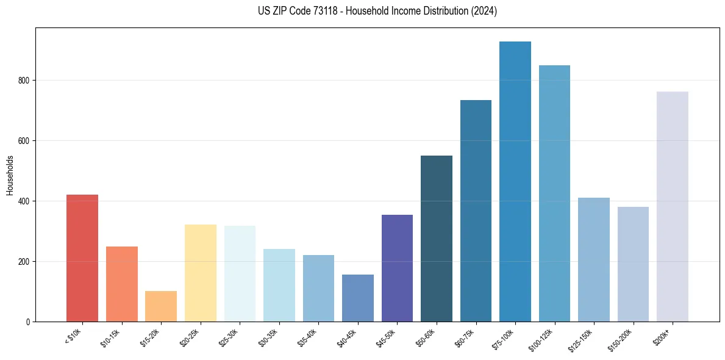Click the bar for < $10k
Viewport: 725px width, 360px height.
pyautogui.click(x=82, y=258)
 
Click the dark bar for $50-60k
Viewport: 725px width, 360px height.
pyautogui.click(x=437, y=239)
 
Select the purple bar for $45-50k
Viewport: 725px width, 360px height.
pyautogui.click(x=397, y=268)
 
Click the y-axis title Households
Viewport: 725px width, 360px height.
pyautogui.click(x=10, y=175)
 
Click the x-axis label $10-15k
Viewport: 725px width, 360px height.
pyautogui.click(x=110, y=337)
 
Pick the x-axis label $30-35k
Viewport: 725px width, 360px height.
pyautogui.click(x=268, y=337)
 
